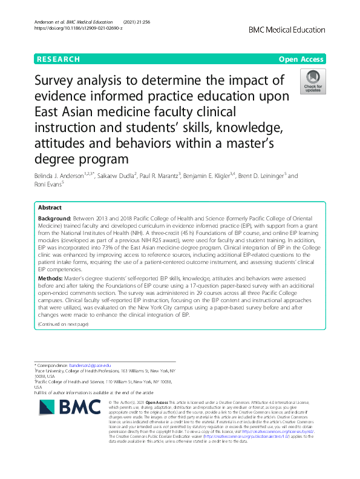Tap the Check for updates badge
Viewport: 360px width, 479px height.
(313, 81)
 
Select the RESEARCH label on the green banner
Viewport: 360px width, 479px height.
(58, 59)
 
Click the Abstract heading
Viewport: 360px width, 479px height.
(50, 206)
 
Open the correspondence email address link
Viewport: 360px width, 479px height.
(90, 365)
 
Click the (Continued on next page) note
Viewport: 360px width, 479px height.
(63, 324)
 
